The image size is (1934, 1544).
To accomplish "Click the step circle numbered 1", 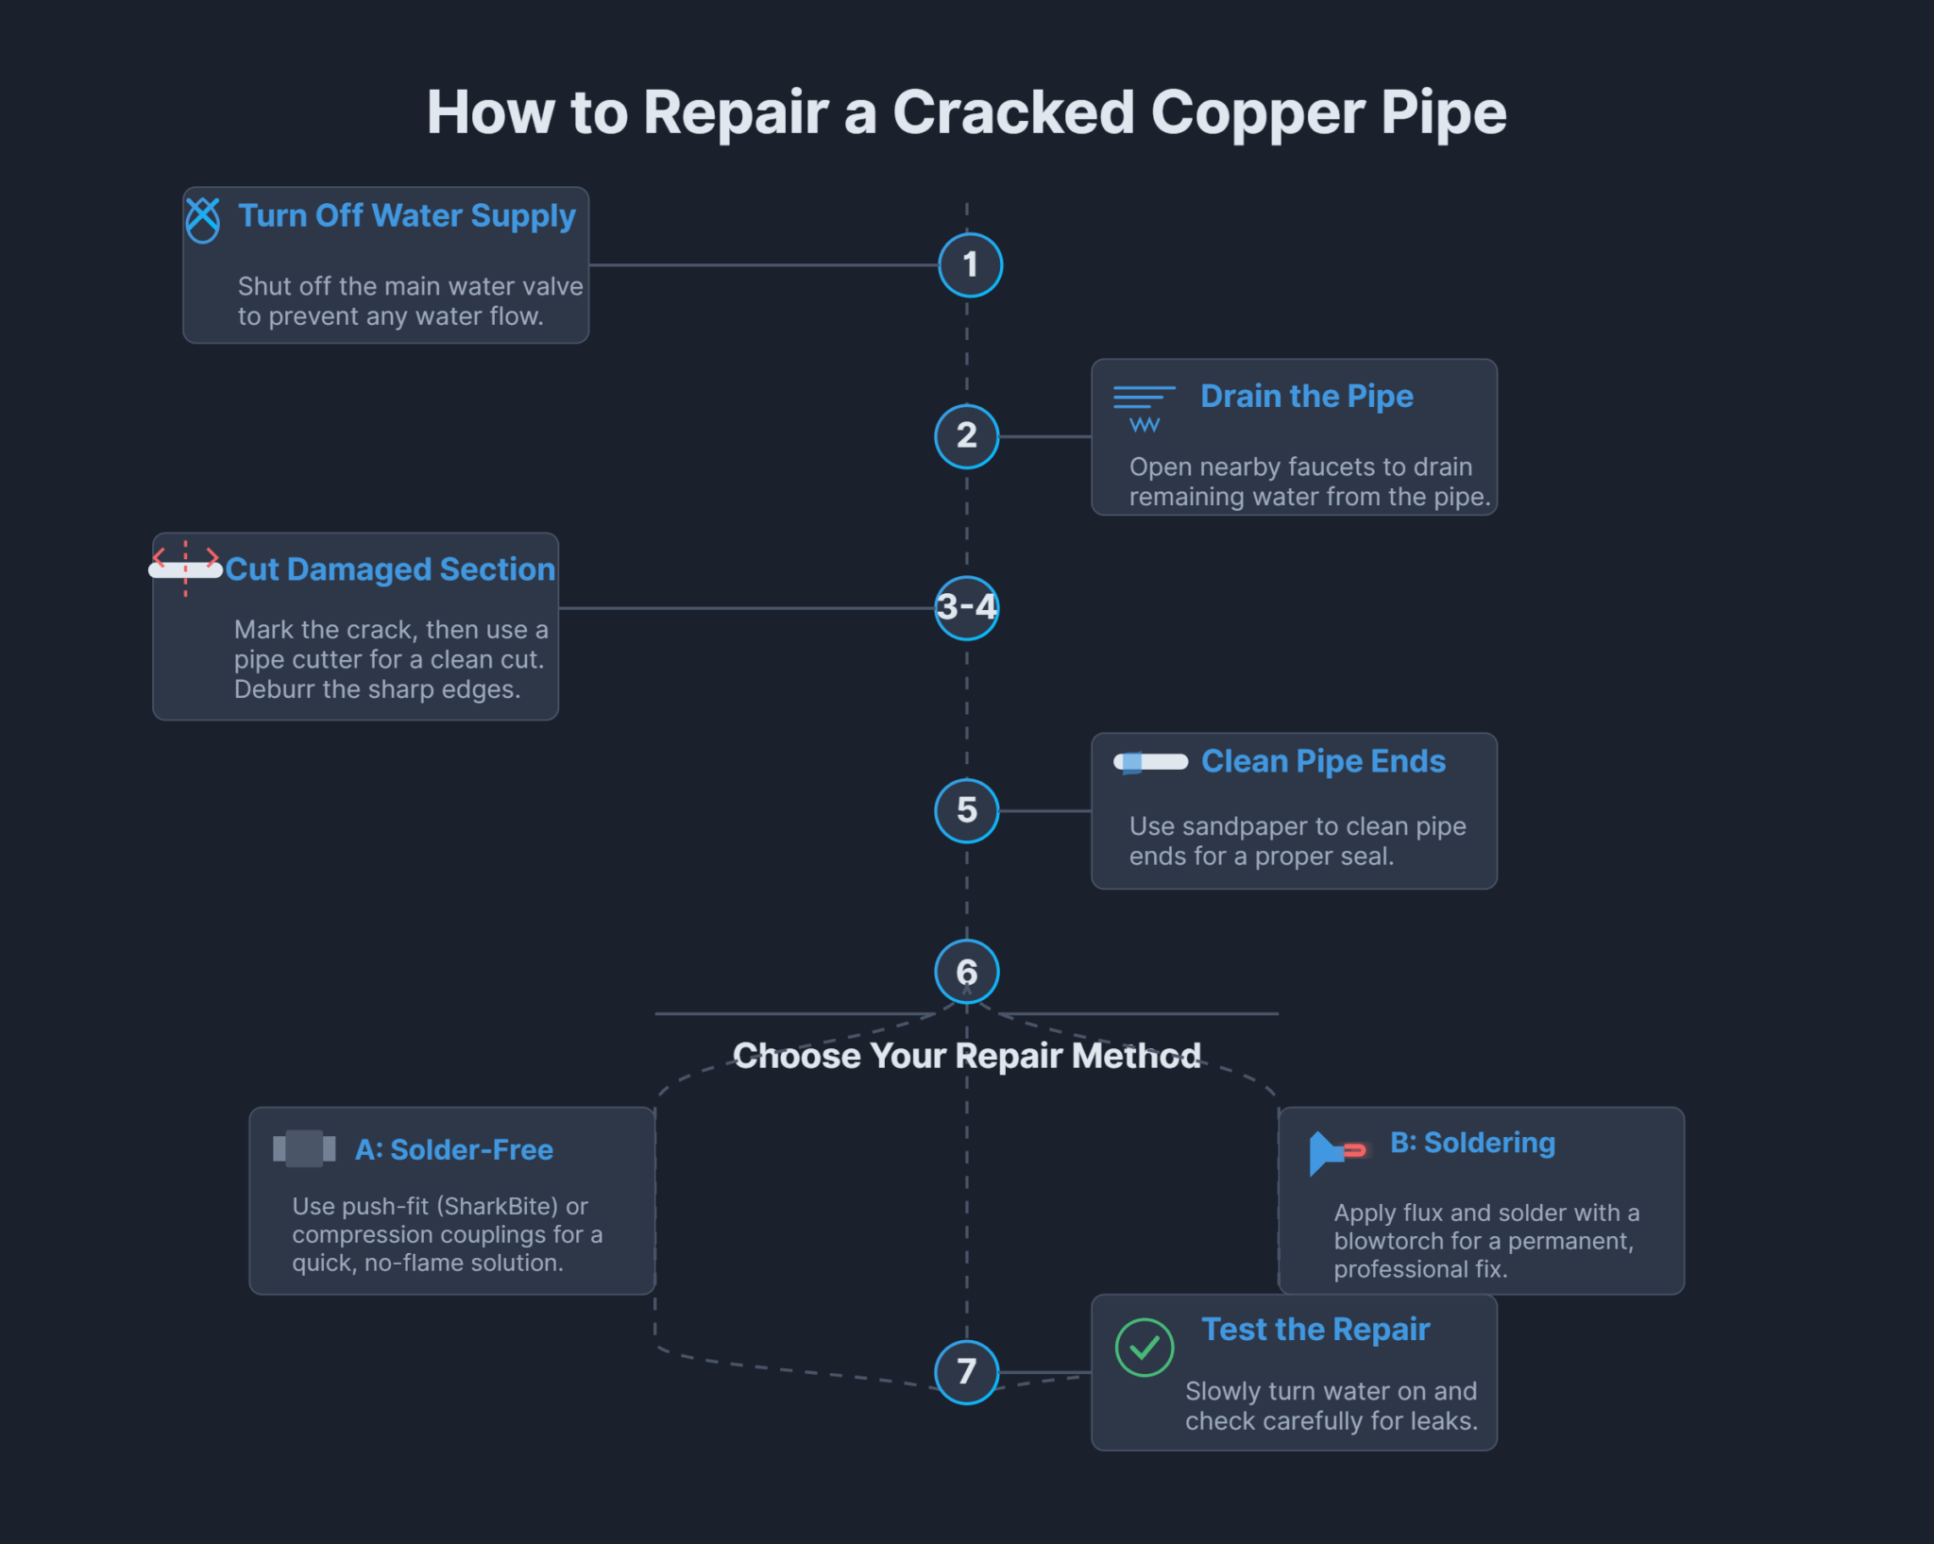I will pos(970,265).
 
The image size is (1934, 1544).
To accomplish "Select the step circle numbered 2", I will pos(966,436).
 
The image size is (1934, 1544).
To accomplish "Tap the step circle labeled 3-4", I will pos(966,607).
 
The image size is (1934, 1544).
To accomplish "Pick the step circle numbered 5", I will pos(966,810).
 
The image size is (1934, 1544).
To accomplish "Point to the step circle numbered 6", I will pos(966,972).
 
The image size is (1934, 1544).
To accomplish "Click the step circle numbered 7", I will pos(966,1371).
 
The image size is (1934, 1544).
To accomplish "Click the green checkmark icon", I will pos(1144,1348).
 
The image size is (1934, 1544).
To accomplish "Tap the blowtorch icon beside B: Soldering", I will pos(1335,1151).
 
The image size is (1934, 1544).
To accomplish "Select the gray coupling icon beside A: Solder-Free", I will pos(304,1148).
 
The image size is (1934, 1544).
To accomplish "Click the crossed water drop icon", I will pos(202,220).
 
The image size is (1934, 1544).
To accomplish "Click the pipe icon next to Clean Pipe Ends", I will pos(1150,762).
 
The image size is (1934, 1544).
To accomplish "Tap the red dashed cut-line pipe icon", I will pos(186,568).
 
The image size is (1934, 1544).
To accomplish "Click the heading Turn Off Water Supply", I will pos(406,216).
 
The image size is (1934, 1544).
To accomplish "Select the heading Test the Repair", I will pos(1315,1330).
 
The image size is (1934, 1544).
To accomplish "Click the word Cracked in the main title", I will pos(1012,113).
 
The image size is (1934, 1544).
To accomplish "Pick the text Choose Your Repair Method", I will pos(966,1056).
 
